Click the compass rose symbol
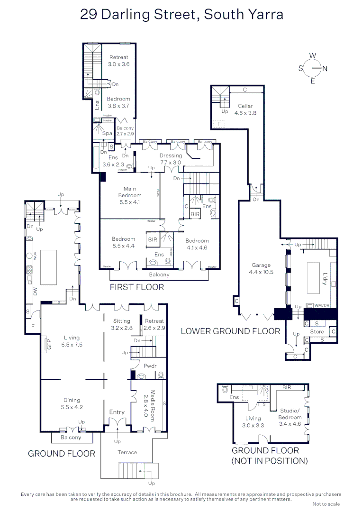[x=313, y=68]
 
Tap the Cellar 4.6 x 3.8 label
[x=245, y=110]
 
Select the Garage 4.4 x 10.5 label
[x=261, y=269]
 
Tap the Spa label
[x=107, y=133]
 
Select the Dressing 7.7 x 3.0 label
[x=171, y=159]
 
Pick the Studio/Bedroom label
[x=290, y=414]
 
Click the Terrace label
[x=127, y=452]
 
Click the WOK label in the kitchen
[x=34, y=256]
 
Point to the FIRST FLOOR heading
[x=137, y=287]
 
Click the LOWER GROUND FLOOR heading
[x=230, y=331]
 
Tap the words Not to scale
[x=326, y=504]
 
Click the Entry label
[x=117, y=412]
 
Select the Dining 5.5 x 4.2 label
[x=72, y=403]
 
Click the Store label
[x=317, y=332]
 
